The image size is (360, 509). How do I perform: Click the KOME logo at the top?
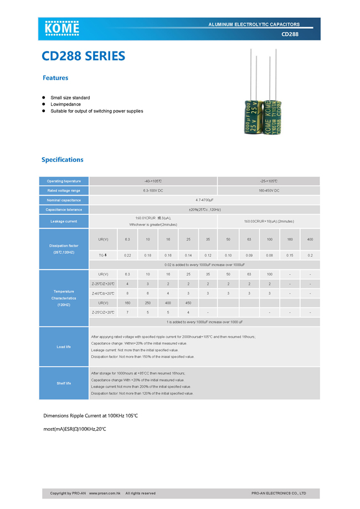click(62, 27)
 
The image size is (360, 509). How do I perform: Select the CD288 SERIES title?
click(84, 56)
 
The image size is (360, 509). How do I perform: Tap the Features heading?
click(55, 78)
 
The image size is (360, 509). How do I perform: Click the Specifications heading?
click(63, 160)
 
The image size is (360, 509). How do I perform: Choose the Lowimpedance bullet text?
click(66, 104)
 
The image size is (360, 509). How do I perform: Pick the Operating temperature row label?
click(64, 181)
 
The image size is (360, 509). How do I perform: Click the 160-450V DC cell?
click(269, 191)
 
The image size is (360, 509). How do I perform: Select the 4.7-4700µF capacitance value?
click(204, 200)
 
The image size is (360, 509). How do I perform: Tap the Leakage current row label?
click(64, 222)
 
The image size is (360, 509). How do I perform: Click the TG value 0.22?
click(127, 255)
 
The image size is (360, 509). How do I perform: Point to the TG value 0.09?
click(249, 255)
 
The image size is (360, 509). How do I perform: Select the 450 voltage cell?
click(188, 303)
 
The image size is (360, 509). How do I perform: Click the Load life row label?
click(64, 347)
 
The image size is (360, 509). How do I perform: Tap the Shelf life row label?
click(64, 383)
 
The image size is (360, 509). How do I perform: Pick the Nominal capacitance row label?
click(64, 200)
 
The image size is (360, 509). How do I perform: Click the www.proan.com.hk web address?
click(105, 493)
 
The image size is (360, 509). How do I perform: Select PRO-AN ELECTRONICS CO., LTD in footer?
click(279, 493)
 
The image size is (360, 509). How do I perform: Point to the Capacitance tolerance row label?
click(64, 209)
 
